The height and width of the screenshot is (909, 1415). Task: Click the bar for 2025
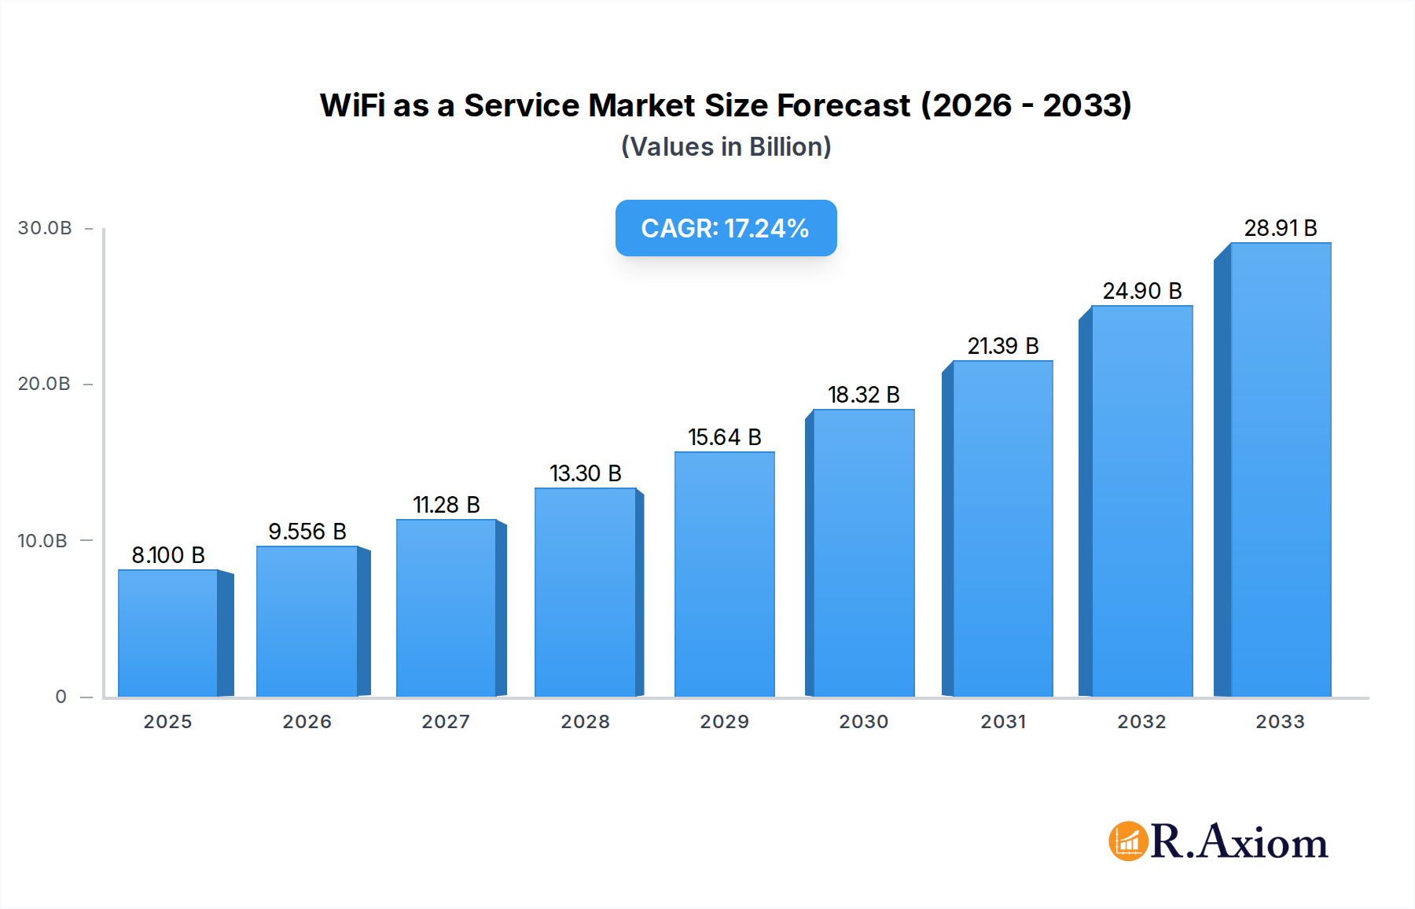point(167,633)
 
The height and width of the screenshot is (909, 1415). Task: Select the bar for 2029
point(724,574)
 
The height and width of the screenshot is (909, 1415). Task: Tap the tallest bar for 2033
point(1280,469)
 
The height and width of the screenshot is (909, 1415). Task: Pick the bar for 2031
point(1002,528)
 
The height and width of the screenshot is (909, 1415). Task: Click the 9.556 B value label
point(307,532)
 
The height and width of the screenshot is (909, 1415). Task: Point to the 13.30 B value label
point(586,473)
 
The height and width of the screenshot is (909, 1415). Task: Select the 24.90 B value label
point(1142,291)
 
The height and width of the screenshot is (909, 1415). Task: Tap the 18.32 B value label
point(863,395)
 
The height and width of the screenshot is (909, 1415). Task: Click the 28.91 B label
point(1280,228)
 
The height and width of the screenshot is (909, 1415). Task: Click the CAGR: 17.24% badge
point(726,228)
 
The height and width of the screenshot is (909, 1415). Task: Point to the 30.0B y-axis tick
point(45,228)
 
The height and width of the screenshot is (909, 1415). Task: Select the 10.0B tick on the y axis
point(42,541)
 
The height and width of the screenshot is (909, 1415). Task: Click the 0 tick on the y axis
point(61,697)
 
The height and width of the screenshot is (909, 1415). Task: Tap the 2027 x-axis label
point(446,722)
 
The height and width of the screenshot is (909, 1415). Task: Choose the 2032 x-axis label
point(1141,722)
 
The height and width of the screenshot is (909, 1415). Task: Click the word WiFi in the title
point(351,105)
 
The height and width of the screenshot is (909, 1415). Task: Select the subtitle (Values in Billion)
point(726,147)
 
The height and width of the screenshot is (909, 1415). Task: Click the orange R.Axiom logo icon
point(1128,841)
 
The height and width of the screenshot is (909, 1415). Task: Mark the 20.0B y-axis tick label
point(44,384)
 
